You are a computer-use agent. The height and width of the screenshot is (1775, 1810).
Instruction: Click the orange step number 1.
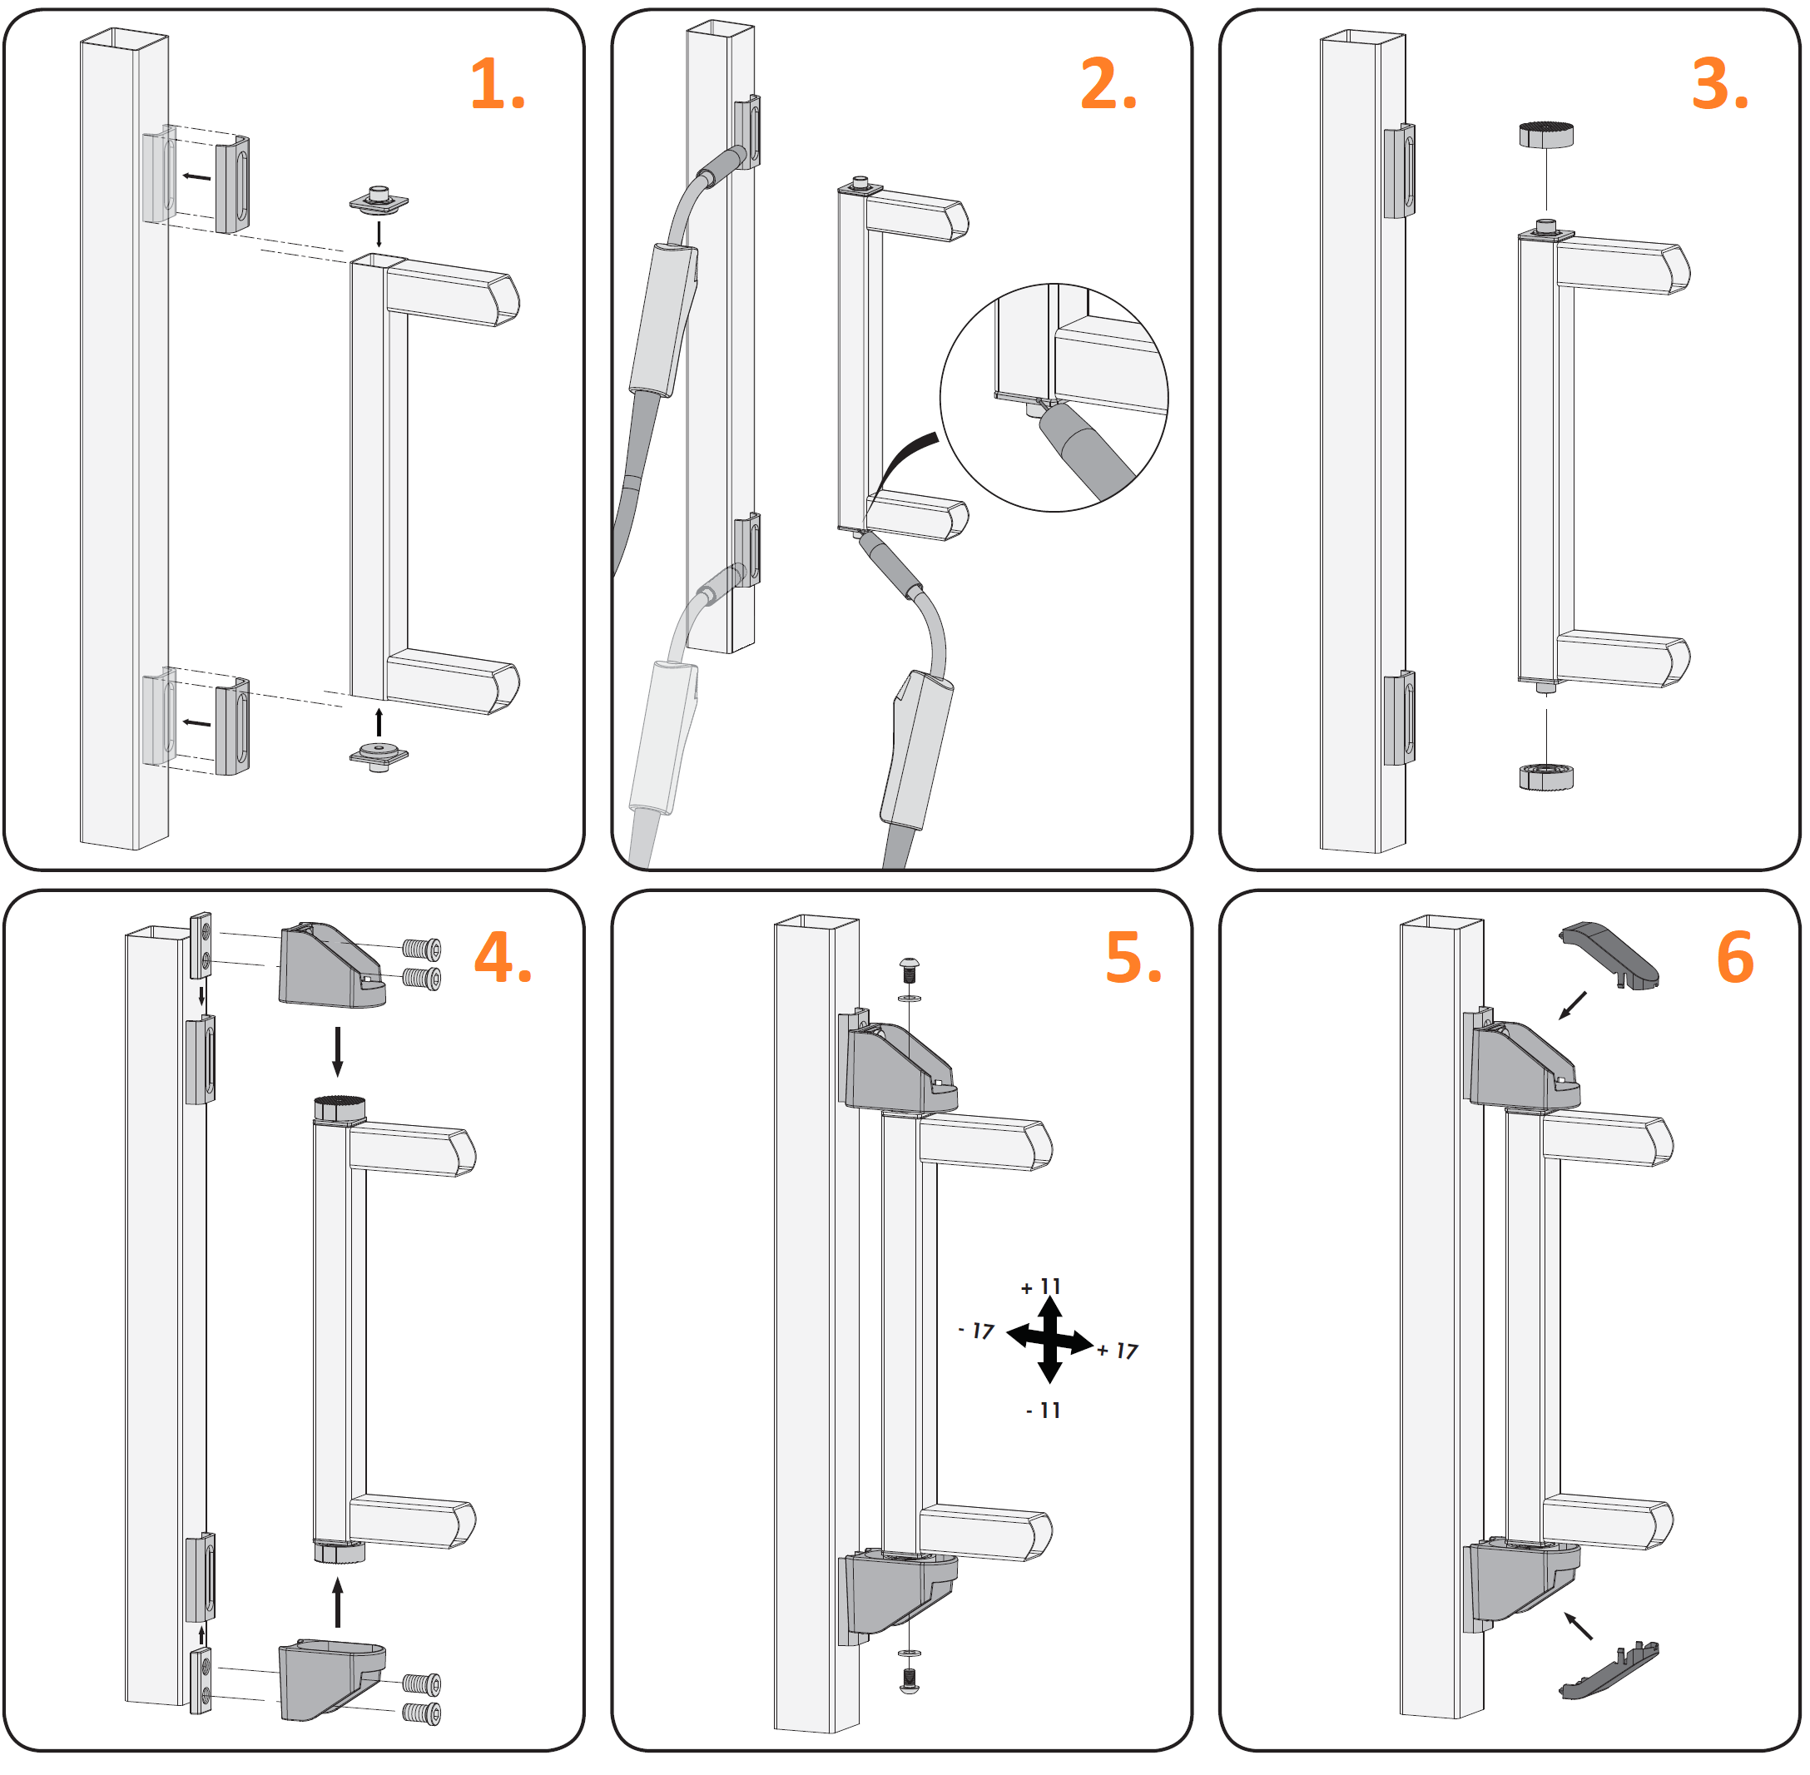tap(497, 86)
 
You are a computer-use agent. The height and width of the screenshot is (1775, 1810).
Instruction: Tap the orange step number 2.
tap(1108, 86)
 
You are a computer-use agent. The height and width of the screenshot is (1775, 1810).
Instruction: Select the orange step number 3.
tap(1718, 86)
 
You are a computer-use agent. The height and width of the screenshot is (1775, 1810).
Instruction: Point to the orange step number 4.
tap(503, 959)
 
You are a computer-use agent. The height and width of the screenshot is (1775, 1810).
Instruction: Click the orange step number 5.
tap(1133, 959)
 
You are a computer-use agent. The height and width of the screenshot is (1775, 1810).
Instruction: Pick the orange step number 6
tap(1734, 959)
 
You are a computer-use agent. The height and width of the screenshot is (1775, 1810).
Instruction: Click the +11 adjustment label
tap(1041, 1287)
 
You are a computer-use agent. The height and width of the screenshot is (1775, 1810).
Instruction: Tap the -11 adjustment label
tap(1043, 1411)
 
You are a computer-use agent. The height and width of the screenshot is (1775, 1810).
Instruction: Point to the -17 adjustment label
tap(976, 1331)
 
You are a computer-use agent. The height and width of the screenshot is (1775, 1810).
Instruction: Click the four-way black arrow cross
tap(1049, 1341)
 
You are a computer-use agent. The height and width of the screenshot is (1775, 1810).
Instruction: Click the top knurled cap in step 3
tap(1546, 135)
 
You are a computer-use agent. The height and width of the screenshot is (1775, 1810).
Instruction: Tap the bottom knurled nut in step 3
tap(1546, 776)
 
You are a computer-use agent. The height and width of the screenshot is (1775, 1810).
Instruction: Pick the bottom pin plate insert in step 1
tap(379, 754)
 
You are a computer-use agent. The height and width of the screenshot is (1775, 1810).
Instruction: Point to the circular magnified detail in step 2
tap(1054, 398)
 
